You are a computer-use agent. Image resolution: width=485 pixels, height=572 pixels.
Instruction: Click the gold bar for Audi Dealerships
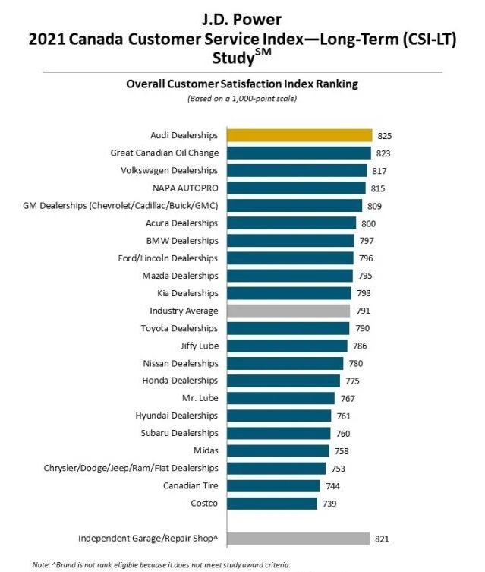click(298, 135)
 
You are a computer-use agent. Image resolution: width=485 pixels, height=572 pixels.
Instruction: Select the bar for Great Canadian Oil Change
click(298, 153)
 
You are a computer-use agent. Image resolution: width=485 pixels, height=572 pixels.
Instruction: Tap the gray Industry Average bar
click(288, 311)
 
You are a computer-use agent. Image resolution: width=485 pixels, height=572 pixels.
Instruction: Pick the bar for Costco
click(271, 503)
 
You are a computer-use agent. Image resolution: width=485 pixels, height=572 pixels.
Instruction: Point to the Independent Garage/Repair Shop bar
click(297, 539)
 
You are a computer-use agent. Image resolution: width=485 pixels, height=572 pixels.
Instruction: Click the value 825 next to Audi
click(384, 136)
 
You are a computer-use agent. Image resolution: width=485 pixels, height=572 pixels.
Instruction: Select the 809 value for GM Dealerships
click(374, 206)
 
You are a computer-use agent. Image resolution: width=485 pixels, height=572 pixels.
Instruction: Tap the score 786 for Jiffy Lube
click(359, 346)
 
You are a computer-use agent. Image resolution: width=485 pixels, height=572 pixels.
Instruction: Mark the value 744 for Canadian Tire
click(332, 486)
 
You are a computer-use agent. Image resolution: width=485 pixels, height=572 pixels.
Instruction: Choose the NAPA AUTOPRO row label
click(185, 188)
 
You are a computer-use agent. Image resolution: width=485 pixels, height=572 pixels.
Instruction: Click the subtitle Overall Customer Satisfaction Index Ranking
click(241, 84)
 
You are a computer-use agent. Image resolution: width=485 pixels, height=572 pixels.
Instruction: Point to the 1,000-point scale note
click(241, 99)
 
